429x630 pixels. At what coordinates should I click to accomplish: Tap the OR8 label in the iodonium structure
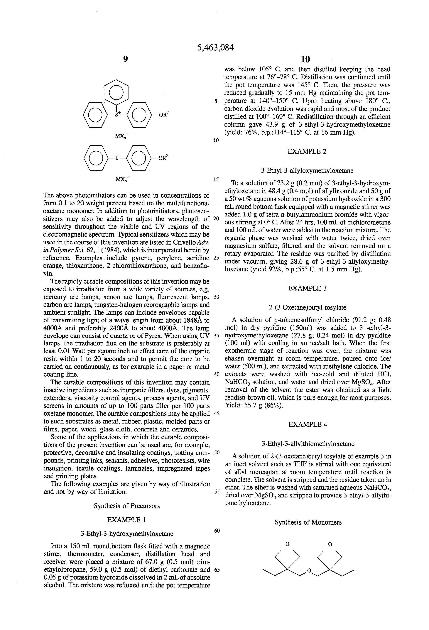tap(163, 157)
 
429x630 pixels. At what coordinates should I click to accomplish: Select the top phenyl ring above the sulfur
tap(117, 93)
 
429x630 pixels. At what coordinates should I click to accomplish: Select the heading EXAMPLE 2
tap(307, 152)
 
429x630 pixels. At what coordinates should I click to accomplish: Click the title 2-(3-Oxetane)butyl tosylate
tap(308, 307)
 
